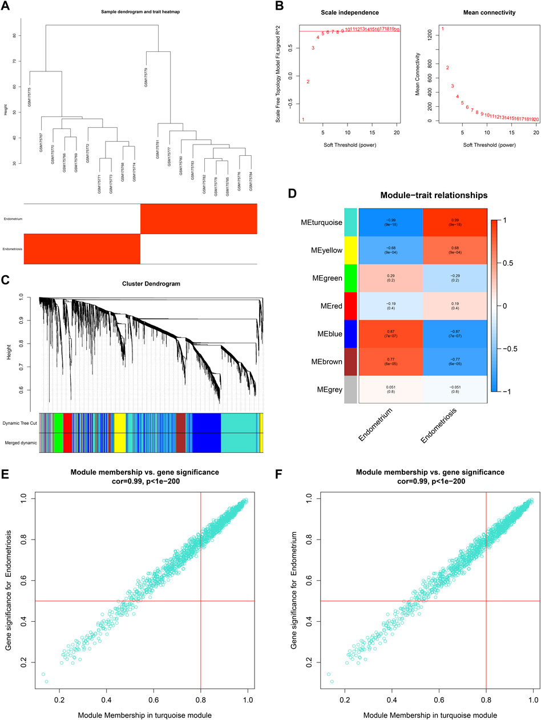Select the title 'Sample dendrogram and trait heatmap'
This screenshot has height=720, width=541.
[x=140, y=11]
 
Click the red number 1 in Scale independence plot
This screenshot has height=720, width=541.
[x=303, y=120]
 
